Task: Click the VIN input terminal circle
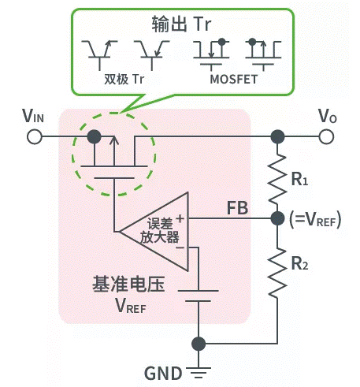coord(35,136)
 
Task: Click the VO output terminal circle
coord(326,136)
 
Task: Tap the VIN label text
coord(34,115)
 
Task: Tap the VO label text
coord(327,115)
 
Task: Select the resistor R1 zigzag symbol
coord(277,177)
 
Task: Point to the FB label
coord(239,208)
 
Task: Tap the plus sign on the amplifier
coord(180,218)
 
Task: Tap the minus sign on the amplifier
coord(180,247)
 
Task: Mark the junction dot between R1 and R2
coord(277,217)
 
